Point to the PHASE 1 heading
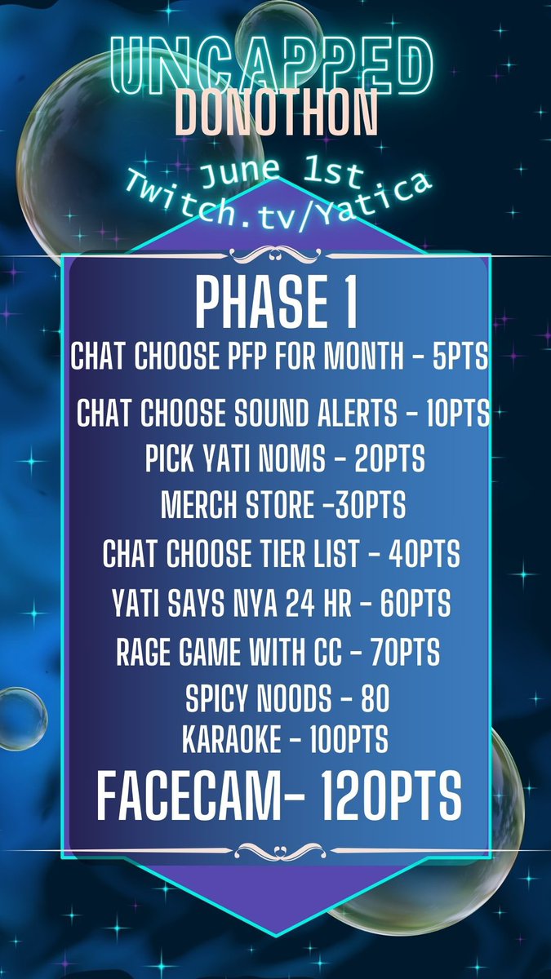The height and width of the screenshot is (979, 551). (275, 303)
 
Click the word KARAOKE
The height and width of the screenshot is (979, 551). (233, 741)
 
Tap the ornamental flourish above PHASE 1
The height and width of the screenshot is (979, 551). (275, 255)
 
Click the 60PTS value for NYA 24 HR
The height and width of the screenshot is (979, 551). (411, 604)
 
